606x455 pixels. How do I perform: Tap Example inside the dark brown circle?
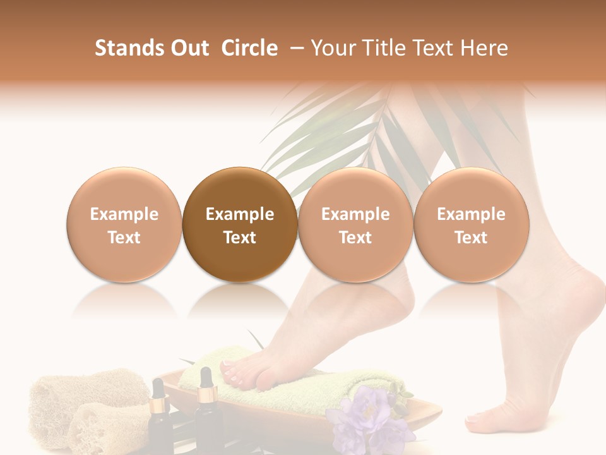(x=240, y=214)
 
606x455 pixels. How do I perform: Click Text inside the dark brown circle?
(x=240, y=238)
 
